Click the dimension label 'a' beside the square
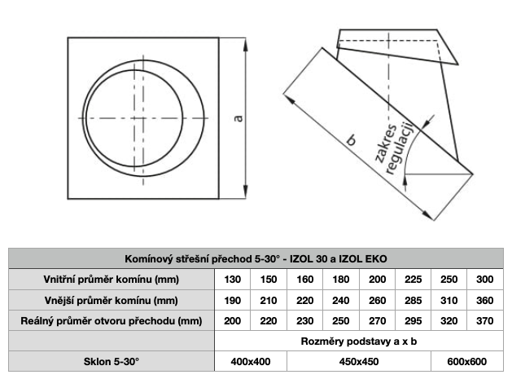click(x=239, y=118)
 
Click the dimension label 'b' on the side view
click(x=351, y=140)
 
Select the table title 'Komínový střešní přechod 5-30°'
click(x=203, y=259)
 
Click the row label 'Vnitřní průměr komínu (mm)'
click(x=112, y=280)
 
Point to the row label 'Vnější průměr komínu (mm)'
click(x=112, y=300)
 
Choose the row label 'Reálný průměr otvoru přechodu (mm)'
click(x=112, y=321)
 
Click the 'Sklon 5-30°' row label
click(x=112, y=361)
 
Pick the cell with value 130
click(x=233, y=280)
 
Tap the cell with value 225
click(x=413, y=280)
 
